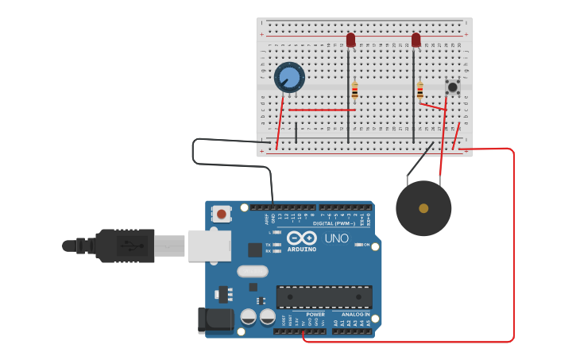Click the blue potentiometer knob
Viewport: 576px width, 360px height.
click(289, 78)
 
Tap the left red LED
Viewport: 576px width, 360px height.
click(351, 40)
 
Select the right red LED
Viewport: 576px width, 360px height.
click(416, 40)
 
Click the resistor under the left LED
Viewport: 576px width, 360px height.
click(354, 90)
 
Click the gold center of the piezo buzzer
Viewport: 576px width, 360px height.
click(423, 208)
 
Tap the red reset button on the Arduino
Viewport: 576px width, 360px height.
click(221, 213)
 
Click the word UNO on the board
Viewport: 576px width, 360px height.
click(336, 238)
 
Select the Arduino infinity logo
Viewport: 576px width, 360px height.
click(302, 238)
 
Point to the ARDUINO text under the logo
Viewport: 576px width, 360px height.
click(302, 250)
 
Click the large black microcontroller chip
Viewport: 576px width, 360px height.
click(324, 296)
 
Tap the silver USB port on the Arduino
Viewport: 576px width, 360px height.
click(209, 246)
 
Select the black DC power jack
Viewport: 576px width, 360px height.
click(213, 319)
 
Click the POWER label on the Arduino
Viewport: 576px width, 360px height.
click(315, 314)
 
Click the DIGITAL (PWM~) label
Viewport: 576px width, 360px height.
click(334, 223)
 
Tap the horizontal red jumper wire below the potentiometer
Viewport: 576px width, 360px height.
click(322, 110)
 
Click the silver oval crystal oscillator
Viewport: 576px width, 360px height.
click(253, 271)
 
